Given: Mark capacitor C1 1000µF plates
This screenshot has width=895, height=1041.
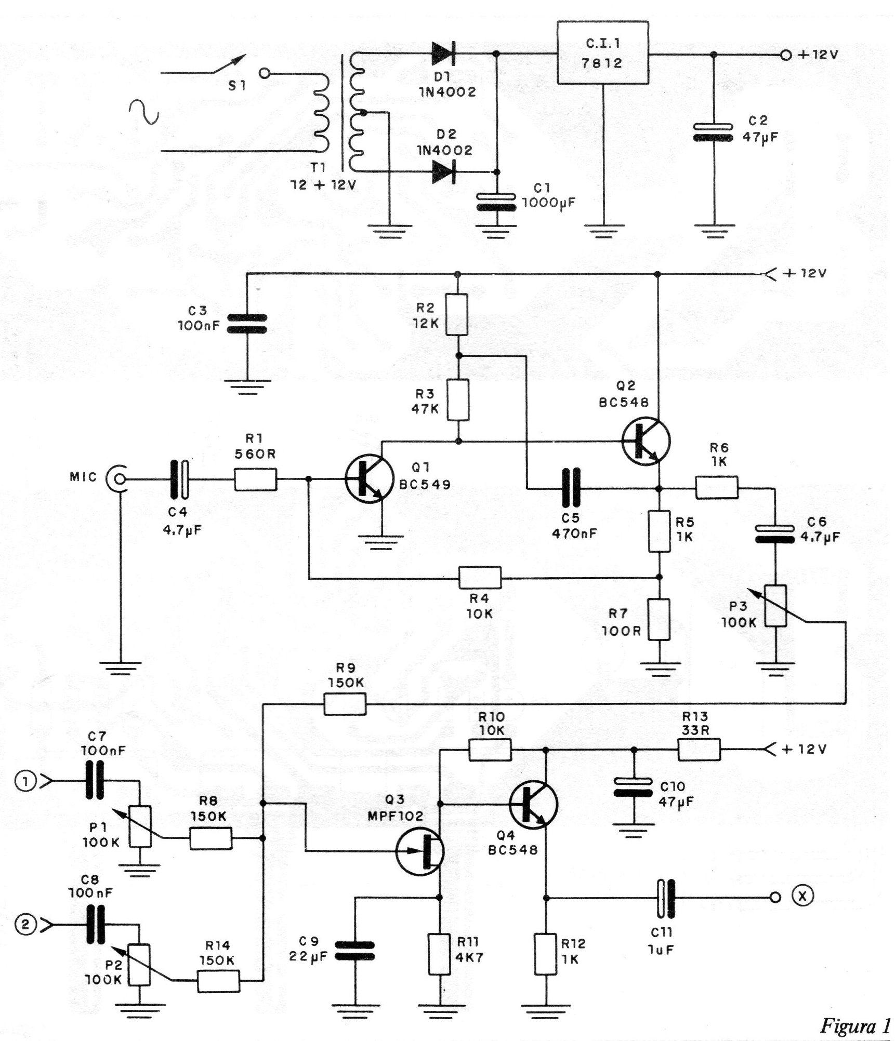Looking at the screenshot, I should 497,202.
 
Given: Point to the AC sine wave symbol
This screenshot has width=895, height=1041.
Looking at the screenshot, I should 144,112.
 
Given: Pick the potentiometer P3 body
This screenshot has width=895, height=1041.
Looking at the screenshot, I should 775,606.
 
